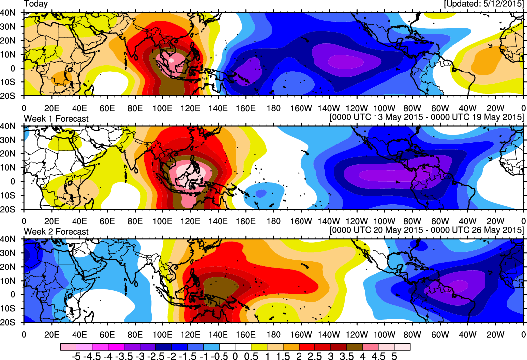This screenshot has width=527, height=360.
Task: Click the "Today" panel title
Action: point(36,4)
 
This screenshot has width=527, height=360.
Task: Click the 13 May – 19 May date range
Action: point(426,117)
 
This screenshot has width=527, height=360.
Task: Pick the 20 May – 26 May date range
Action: point(426,230)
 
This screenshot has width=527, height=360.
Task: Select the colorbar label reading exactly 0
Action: point(235,356)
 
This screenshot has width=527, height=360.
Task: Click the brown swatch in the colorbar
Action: point(356,346)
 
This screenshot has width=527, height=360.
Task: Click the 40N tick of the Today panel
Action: point(9,13)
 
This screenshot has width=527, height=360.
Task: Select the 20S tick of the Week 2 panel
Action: point(9,322)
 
